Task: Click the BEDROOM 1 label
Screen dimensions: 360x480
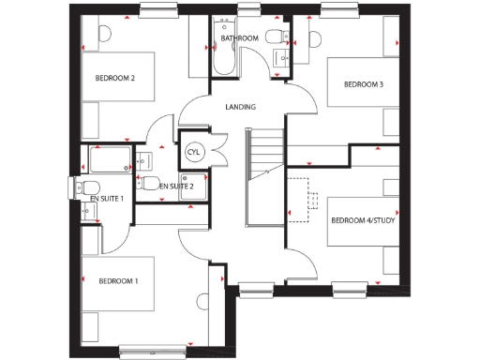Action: [x=118, y=281]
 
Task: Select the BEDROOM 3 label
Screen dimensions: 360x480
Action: [x=364, y=84]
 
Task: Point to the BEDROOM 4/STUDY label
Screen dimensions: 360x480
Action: [x=363, y=221]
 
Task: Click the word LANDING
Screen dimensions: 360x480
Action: [x=240, y=107]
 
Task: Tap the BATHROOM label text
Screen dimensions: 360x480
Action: [x=240, y=37]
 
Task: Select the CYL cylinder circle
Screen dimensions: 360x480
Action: [x=194, y=151]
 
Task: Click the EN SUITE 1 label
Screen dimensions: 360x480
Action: [x=106, y=200]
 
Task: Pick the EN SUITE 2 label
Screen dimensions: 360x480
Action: [x=176, y=187]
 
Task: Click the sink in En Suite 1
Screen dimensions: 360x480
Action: [x=88, y=213]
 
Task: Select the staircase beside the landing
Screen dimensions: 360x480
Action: [x=263, y=178]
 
